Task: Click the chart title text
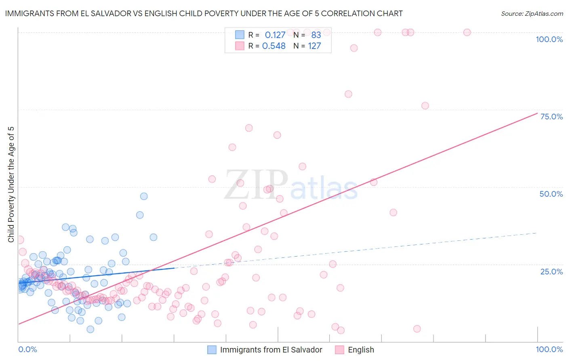(204, 13)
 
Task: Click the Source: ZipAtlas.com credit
(532, 13)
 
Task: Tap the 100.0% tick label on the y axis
(549, 39)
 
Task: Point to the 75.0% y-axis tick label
(551, 117)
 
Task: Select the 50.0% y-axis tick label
(551, 194)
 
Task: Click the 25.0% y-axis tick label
(551, 271)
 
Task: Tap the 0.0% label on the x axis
(27, 349)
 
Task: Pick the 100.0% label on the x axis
(549, 349)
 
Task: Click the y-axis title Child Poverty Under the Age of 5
(11, 185)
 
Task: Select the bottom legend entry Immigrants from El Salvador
(271, 350)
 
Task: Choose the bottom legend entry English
(361, 350)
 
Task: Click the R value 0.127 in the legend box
(275, 35)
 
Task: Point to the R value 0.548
(274, 46)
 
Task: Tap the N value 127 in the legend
(314, 46)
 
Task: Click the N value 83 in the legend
(316, 35)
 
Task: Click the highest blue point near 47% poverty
(144, 196)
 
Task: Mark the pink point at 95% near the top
(354, 48)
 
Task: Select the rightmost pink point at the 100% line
(467, 32)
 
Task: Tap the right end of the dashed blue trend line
(537, 233)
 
